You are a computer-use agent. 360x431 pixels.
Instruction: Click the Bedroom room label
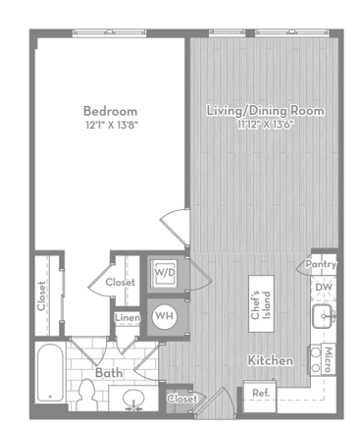(110, 111)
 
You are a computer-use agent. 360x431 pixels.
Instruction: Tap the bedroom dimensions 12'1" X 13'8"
(110, 125)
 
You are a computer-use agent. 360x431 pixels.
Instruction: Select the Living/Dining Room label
(266, 111)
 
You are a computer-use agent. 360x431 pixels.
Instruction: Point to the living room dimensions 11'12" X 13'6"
(266, 125)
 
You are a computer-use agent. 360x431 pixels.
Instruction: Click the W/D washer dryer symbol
(165, 273)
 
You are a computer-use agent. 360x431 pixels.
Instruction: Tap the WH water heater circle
(165, 316)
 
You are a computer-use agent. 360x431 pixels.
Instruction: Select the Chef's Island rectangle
(261, 303)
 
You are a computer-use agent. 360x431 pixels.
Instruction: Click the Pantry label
(321, 264)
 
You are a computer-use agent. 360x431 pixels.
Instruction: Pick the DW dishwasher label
(324, 288)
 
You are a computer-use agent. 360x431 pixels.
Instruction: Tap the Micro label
(328, 359)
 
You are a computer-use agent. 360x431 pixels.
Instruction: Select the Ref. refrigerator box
(260, 397)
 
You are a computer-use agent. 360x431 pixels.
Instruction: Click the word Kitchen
(271, 360)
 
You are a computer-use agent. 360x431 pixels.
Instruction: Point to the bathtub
(50, 373)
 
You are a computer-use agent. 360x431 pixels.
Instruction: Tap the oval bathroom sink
(134, 398)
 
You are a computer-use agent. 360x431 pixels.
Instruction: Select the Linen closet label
(128, 317)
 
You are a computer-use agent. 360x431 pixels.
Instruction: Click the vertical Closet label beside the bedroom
(41, 296)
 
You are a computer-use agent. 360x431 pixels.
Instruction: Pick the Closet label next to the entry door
(182, 399)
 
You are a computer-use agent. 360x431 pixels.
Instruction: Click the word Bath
(109, 373)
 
